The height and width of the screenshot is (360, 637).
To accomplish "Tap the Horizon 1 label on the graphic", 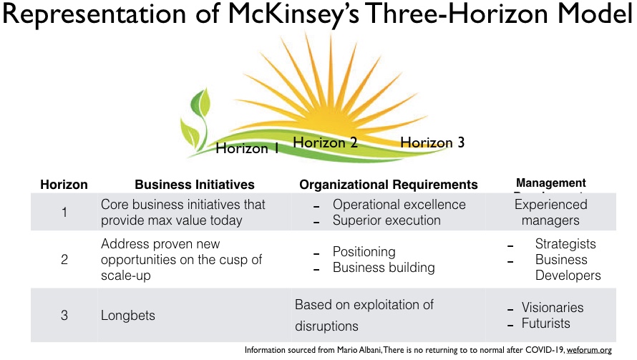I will tap(247, 148).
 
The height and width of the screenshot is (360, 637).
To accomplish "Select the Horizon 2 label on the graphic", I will tap(325, 142).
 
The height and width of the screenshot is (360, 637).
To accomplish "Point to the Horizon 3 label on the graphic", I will tap(432, 142).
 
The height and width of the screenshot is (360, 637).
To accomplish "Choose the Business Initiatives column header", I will tap(195, 185).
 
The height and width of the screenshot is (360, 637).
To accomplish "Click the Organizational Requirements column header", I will tap(388, 185).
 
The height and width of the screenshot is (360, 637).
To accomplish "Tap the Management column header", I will tap(550, 183).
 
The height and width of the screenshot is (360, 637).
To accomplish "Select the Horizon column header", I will tap(64, 185).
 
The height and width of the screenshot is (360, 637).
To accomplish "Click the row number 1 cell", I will tap(64, 213).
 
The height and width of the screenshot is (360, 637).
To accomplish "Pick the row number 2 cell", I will tap(64, 260).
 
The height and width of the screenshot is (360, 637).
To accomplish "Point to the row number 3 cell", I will tap(64, 313).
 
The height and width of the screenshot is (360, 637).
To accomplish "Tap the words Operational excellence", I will tap(399, 205).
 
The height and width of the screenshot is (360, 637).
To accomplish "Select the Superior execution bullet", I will tap(386, 220).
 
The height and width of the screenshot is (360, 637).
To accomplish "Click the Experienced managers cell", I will tap(550, 213).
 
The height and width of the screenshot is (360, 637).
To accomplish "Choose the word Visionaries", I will tap(552, 308).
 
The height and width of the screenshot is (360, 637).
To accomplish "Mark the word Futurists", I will tap(545, 323).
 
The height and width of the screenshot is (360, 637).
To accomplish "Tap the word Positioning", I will tap(364, 252).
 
